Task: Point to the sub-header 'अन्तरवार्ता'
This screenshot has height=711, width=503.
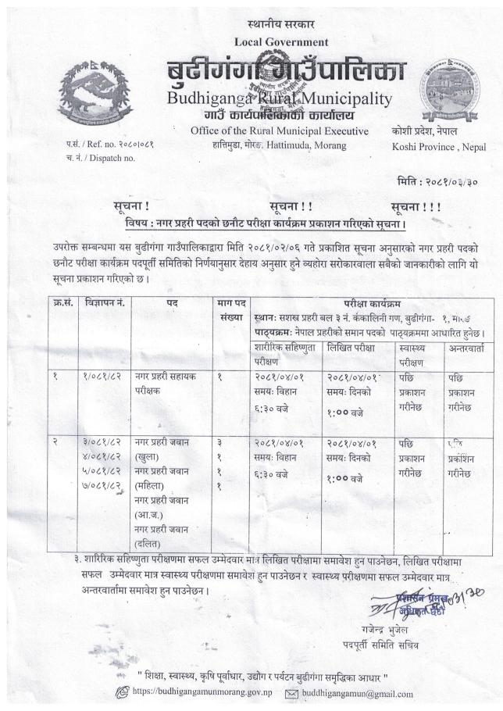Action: pyautogui.click(x=466, y=345)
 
